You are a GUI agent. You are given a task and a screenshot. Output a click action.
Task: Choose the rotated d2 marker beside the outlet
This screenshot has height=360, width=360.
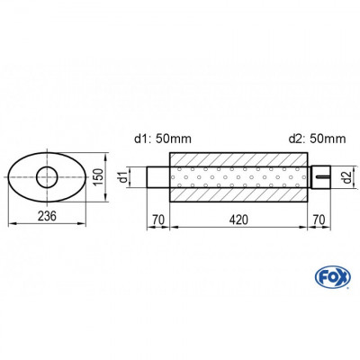pyautogui.click(x=346, y=176)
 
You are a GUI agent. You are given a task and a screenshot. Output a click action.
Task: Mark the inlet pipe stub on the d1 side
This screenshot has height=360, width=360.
pyautogui.click(x=158, y=176)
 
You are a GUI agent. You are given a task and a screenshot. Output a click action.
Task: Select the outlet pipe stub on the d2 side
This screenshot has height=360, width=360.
pyautogui.click(x=319, y=176)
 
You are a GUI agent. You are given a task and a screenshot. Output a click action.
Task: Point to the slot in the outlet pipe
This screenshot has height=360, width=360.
pyautogui.click(x=321, y=176)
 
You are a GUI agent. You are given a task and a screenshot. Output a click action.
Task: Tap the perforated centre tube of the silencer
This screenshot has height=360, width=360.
pyautogui.click(x=238, y=176)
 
